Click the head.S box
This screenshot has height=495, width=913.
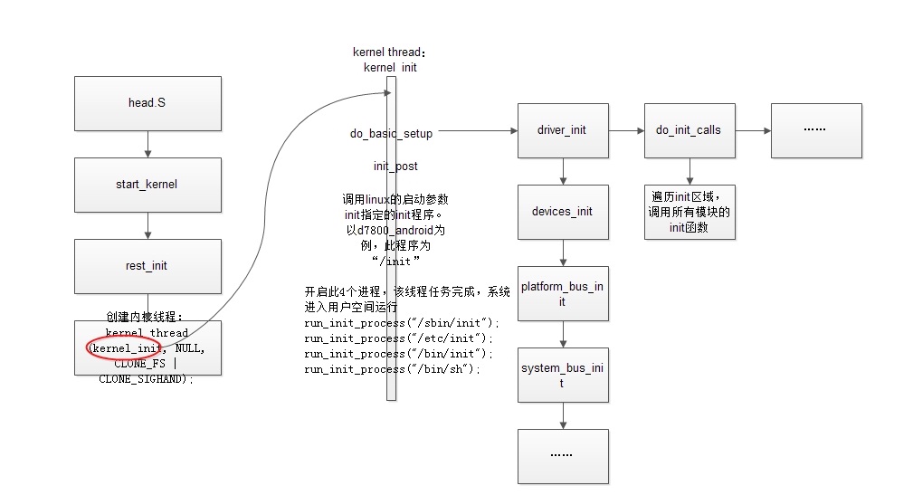coord(147,103)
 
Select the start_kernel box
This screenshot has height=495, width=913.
coord(147,185)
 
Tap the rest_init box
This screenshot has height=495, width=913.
coord(147,266)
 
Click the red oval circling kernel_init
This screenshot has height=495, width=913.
coord(124,348)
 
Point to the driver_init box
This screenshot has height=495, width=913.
coord(562,130)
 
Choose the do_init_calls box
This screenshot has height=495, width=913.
coord(689,130)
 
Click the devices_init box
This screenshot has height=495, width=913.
coord(562,212)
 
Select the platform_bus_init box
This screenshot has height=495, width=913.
coord(562,293)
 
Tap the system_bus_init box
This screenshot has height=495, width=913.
coord(562,375)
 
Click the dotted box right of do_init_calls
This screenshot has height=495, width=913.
coord(815,130)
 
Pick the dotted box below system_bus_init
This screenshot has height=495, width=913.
coord(562,455)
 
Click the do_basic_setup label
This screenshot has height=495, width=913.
coord(391,134)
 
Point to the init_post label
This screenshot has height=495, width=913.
coord(395,167)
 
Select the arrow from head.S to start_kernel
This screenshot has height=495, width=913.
coord(147,144)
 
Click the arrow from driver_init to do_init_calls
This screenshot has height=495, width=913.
coord(626,130)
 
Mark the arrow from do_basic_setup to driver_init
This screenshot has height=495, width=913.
coord(476,131)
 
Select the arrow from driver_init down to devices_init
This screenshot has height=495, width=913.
coord(562,171)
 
